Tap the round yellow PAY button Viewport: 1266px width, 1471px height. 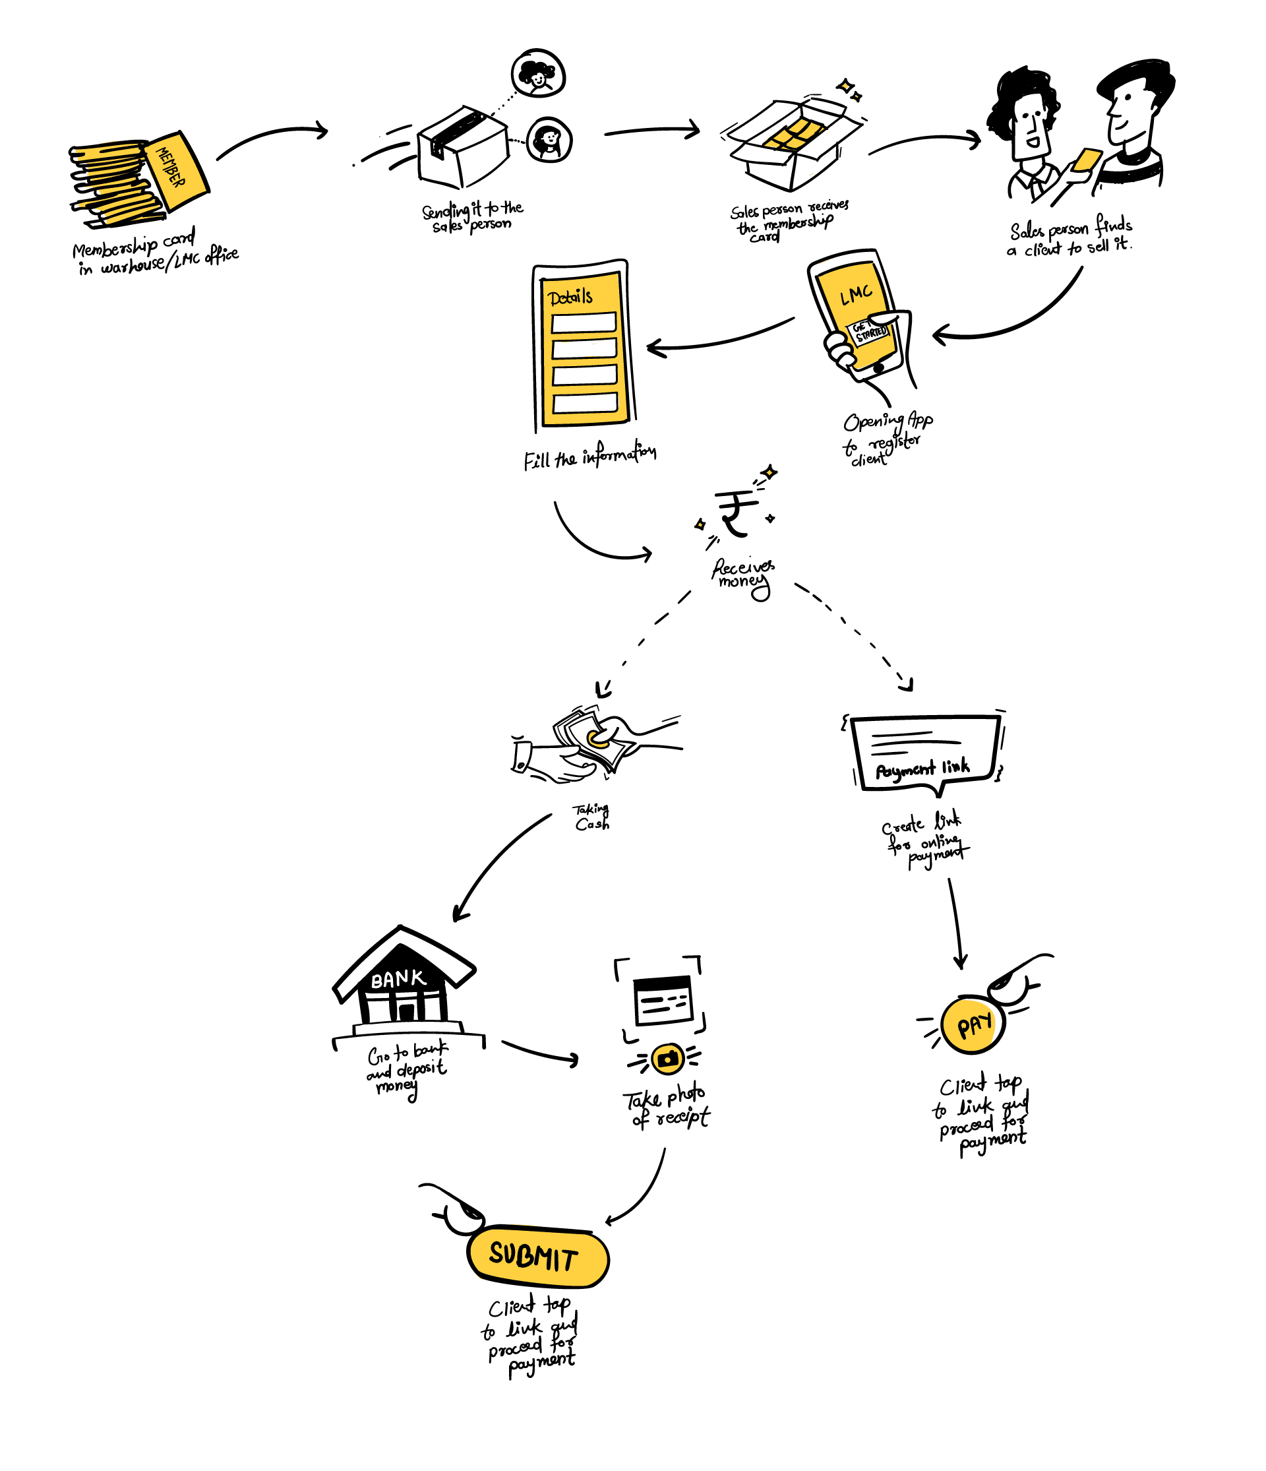pyautogui.click(x=973, y=1025)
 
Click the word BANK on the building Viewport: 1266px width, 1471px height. pyautogui.click(x=398, y=980)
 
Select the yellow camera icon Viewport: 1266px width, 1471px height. pyautogui.click(x=667, y=1059)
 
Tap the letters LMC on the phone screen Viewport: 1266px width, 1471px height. pyautogui.click(x=856, y=294)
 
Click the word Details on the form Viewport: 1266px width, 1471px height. pyautogui.click(x=570, y=297)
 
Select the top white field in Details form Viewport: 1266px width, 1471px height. pyautogui.click(x=584, y=323)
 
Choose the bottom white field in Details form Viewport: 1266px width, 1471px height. pyautogui.click(x=585, y=403)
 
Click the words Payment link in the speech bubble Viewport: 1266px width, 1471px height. pyautogui.click(x=922, y=768)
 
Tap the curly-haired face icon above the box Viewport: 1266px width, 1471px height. pyautogui.click(x=538, y=73)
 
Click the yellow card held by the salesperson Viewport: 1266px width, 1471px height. pyautogui.click(x=1087, y=160)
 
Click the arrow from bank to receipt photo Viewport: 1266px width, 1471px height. pyautogui.click(x=540, y=1052)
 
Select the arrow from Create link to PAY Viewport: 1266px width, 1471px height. pyautogui.click(x=955, y=923)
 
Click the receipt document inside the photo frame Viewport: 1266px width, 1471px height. pyautogui.click(x=663, y=999)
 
